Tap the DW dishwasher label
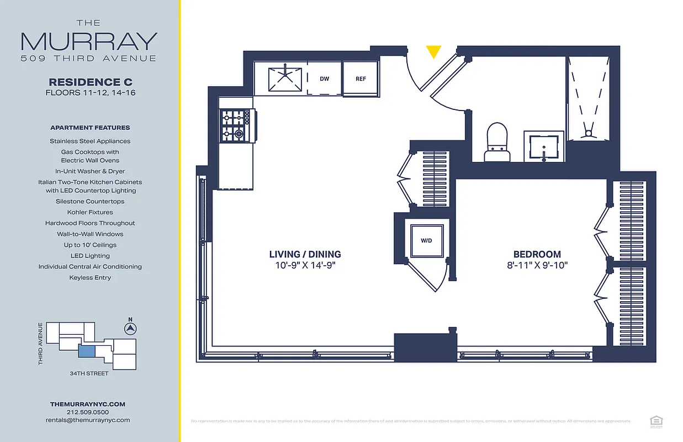[x=324, y=79]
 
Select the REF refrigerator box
[x=361, y=79]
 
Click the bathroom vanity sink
[x=543, y=146]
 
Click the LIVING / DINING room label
[x=305, y=254]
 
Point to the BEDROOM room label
[x=537, y=254]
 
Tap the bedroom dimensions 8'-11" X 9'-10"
[x=537, y=265]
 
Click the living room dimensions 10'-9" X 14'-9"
[x=305, y=265]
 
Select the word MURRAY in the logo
[x=89, y=41]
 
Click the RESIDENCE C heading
[x=91, y=82]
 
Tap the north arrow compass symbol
[x=130, y=329]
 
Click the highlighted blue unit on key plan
[x=87, y=351]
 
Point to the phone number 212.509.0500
[x=87, y=412]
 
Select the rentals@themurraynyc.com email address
[x=87, y=420]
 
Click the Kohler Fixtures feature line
[x=90, y=212]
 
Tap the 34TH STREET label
[x=89, y=373]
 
